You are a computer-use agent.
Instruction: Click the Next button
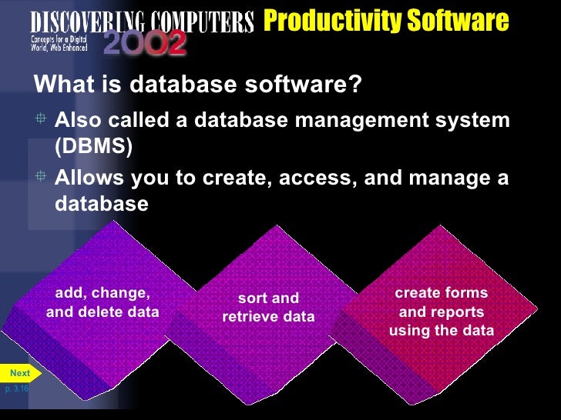click(x=18, y=374)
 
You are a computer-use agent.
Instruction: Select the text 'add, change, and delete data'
click(x=102, y=302)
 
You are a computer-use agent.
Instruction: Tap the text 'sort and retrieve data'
click(x=268, y=307)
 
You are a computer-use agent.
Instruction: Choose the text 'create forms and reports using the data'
click(x=442, y=312)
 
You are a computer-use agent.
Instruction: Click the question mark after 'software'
click(x=354, y=85)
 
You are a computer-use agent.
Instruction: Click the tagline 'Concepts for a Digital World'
click(x=59, y=42)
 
